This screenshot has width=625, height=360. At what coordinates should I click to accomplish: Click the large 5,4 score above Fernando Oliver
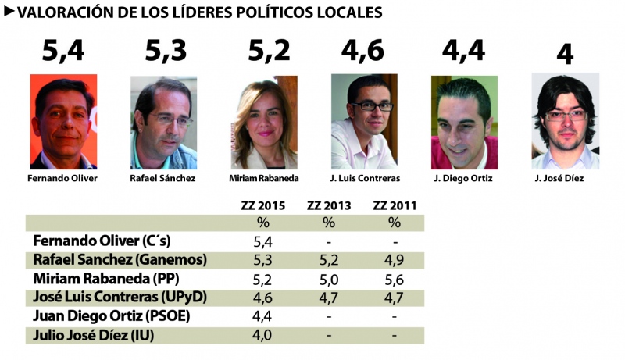point(63,52)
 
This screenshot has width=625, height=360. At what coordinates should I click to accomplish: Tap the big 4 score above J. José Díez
point(566,55)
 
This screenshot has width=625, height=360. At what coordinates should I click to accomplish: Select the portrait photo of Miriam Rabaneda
point(264,123)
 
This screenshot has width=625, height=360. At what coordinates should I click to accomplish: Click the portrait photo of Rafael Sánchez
point(163,123)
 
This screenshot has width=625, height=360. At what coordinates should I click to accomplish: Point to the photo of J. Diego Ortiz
point(464,123)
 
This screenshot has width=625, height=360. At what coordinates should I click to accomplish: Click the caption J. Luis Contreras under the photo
point(364,178)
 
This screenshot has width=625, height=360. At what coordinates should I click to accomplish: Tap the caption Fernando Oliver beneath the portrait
point(62,178)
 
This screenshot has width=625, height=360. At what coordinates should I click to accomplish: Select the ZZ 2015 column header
point(262,206)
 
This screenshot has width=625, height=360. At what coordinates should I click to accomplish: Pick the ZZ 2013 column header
point(329,206)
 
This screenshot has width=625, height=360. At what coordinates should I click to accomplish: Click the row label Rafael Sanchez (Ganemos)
point(120,260)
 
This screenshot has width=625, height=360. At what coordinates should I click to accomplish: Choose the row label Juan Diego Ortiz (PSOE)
point(112,316)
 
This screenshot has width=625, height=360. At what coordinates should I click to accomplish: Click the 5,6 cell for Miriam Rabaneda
point(394,279)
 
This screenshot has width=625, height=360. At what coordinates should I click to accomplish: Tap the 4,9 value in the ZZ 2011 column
point(394,260)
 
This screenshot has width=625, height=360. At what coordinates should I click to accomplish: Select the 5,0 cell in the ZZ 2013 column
point(329,279)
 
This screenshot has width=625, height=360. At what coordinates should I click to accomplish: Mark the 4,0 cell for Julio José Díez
point(262,335)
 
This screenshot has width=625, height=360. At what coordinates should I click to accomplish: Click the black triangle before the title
point(9,11)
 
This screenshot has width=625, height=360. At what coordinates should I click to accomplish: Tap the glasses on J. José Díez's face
point(565,116)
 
